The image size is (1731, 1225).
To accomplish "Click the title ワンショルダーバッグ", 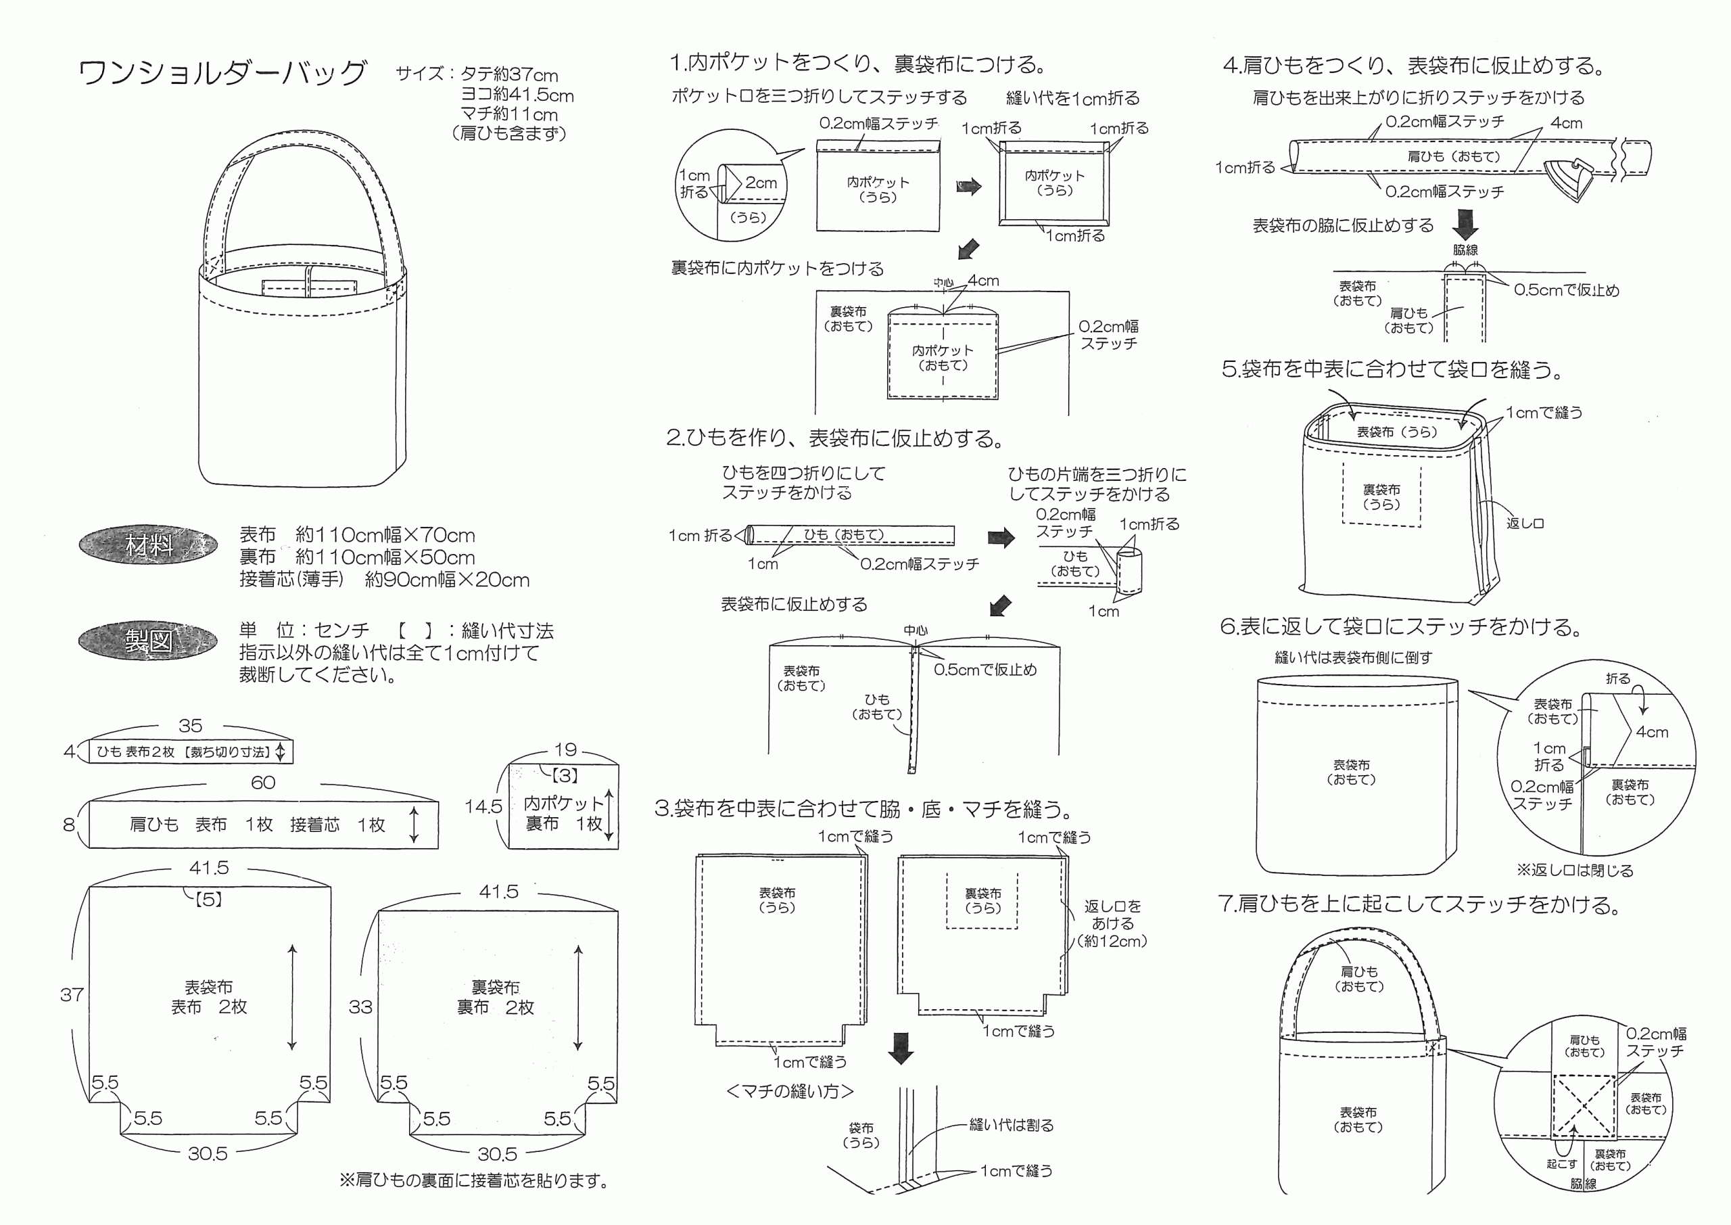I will tap(222, 73).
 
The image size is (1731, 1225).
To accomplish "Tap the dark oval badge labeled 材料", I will tap(149, 545).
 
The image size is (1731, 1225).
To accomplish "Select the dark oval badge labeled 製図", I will tap(149, 641).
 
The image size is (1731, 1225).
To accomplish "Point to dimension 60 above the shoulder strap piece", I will tap(262, 783).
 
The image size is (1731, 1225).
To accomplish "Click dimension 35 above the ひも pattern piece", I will tap(190, 726).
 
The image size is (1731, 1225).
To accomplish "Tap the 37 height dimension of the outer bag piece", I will tap(72, 995).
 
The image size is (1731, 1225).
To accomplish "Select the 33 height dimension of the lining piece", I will tap(360, 1007).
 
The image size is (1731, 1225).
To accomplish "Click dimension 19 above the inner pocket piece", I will tap(565, 749).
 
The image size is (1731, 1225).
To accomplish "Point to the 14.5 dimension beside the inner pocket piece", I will tap(483, 806).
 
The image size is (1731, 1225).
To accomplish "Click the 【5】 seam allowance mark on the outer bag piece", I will tap(209, 899).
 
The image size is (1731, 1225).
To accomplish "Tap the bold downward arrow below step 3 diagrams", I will tap(901, 1048).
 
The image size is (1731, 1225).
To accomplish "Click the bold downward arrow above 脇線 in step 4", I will tap(1466, 224).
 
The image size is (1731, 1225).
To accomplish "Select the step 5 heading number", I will tap(1230, 369).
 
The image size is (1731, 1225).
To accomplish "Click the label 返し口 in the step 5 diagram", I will tap(1524, 524).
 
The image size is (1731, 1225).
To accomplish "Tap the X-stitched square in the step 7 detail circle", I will tap(1583, 1106).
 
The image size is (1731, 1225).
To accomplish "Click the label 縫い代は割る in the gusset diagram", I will tap(1011, 1126).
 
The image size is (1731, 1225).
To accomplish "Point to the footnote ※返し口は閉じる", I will tap(1575, 871).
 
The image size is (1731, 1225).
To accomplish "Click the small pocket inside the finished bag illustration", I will tap(309, 288).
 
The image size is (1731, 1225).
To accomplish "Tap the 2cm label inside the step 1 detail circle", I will tap(761, 183).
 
